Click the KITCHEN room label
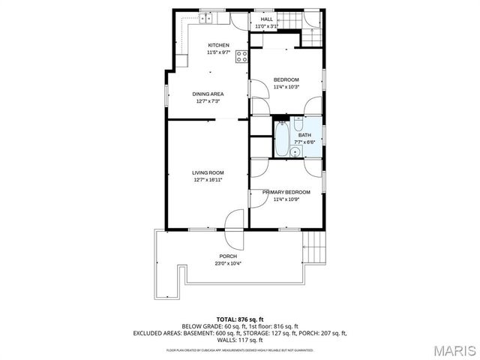(218, 45)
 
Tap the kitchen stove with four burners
(241, 56)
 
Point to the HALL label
(267, 19)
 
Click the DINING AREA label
(209, 94)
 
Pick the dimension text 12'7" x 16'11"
(208, 179)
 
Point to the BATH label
(303, 135)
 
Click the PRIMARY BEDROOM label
(286, 192)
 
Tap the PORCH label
(227, 256)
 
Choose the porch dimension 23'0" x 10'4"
(227, 262)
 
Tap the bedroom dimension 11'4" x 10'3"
(286, 87)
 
